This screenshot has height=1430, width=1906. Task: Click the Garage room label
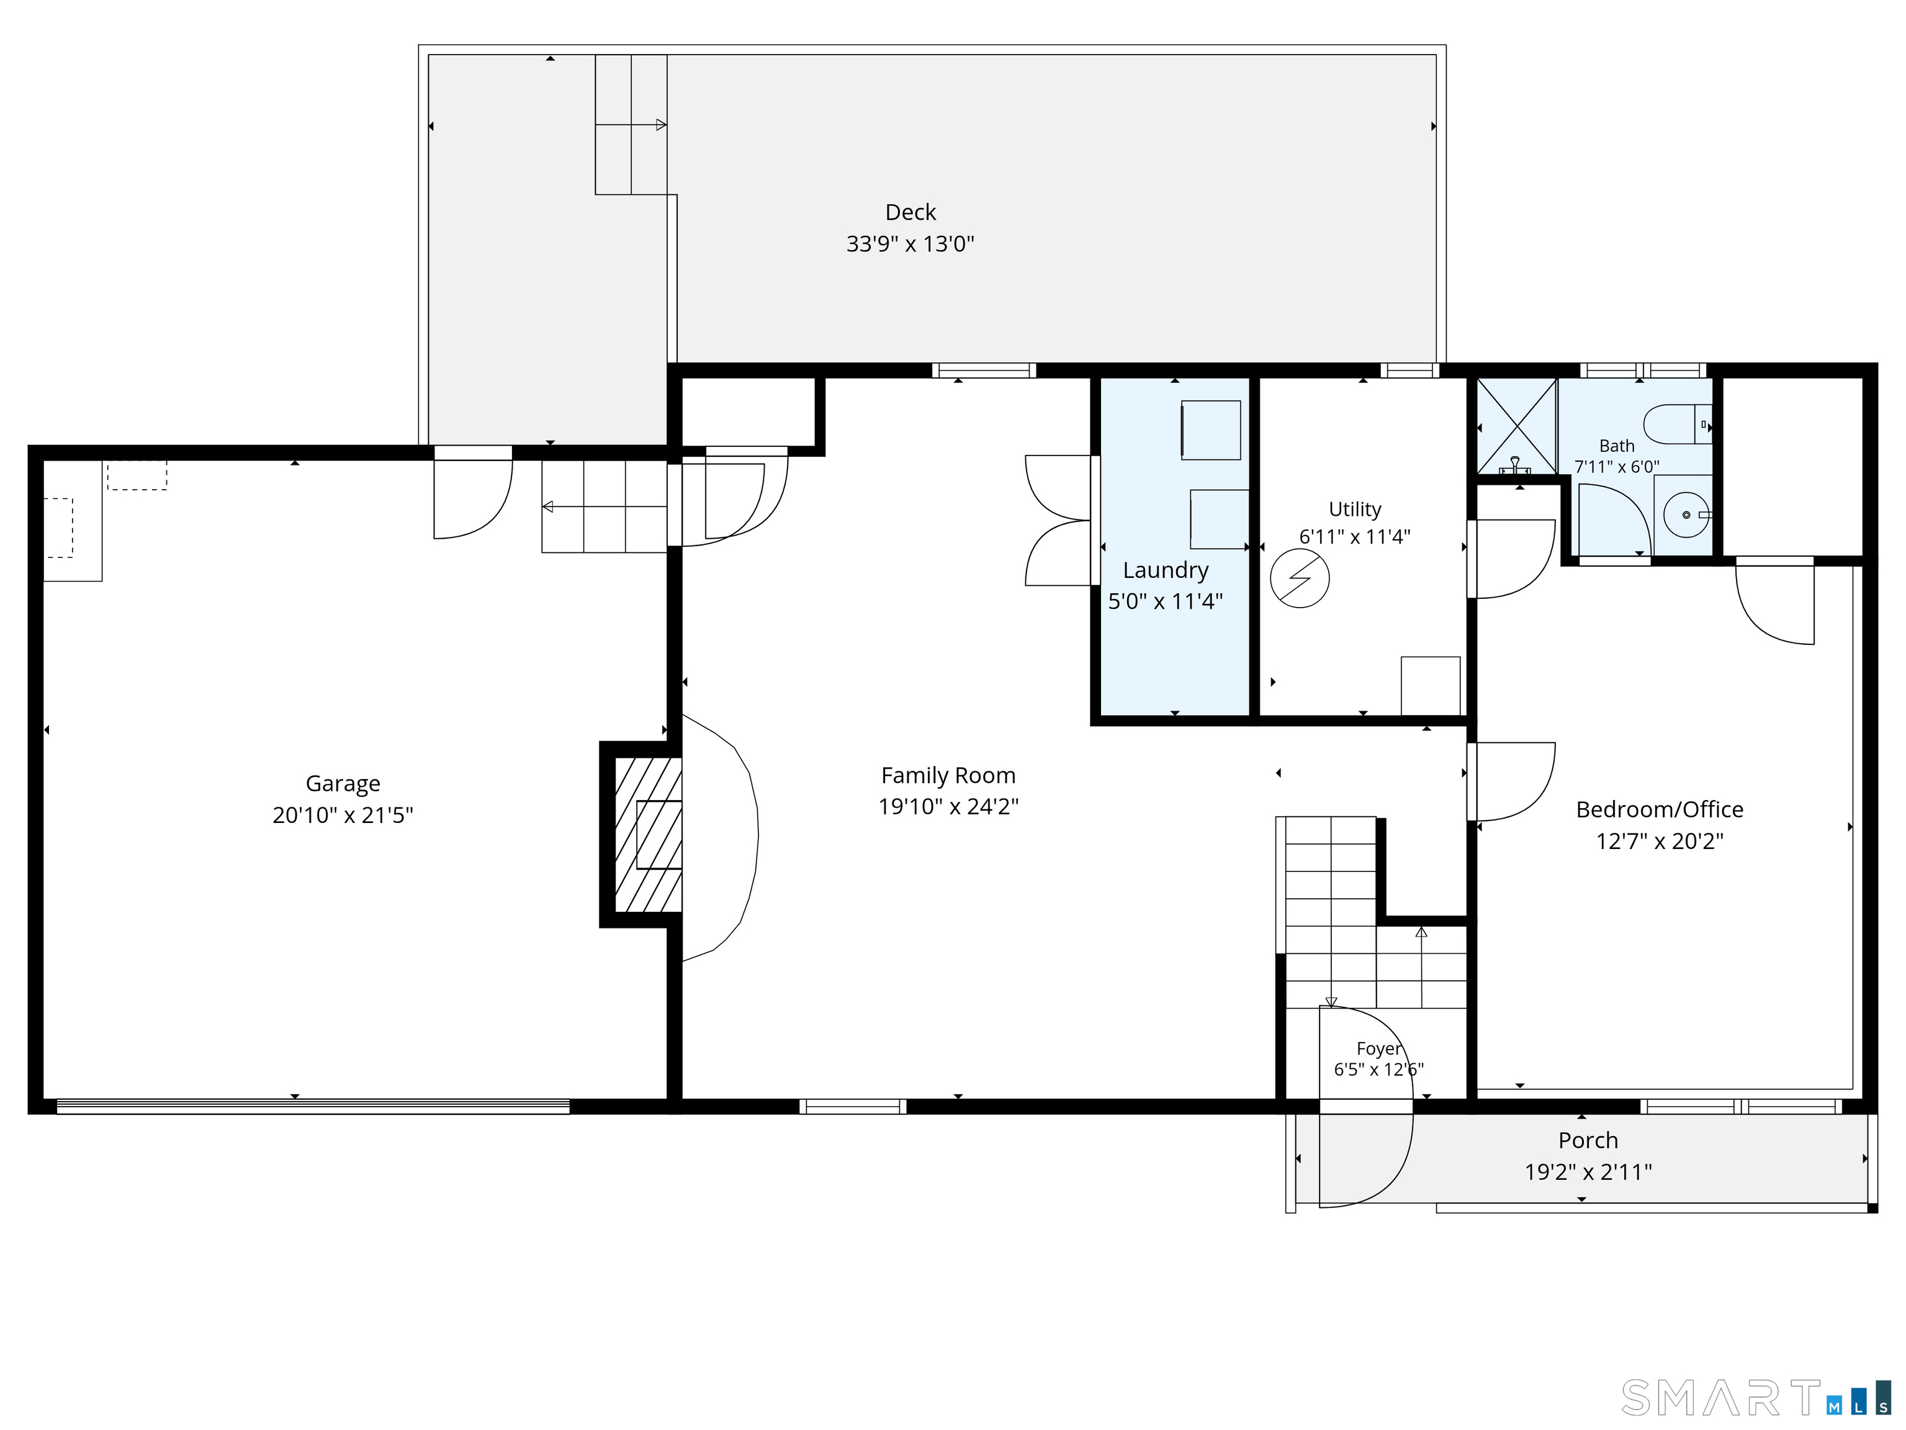click(x=343, y=784)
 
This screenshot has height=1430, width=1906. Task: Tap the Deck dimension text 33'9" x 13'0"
click(x=910, y=244)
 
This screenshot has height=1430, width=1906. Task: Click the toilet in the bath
click(x=1677, y=424)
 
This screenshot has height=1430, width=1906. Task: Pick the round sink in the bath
click(x=1686, y=515)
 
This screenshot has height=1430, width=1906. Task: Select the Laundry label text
click(x=1165, y=570)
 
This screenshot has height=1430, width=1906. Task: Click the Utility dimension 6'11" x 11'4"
click(x=1354, y=537)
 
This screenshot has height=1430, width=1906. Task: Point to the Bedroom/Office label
click(x=1660, y=810)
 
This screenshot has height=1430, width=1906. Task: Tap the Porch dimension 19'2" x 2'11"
click(x=1588, y=1172)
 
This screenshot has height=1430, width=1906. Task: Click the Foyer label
click(x=1378, y=1048)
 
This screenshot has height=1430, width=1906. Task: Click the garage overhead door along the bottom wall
click(x=313, y=1107)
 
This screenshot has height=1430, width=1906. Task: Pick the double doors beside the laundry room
click(x=1059, y=520)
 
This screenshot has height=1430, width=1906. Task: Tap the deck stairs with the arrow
click(x=631, y=125)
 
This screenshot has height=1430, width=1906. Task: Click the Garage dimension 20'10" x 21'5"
click(x=343, y=815)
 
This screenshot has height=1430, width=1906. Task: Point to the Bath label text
click(x=1617, y=446)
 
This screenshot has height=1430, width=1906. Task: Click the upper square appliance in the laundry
click(x=1211, y=430)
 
